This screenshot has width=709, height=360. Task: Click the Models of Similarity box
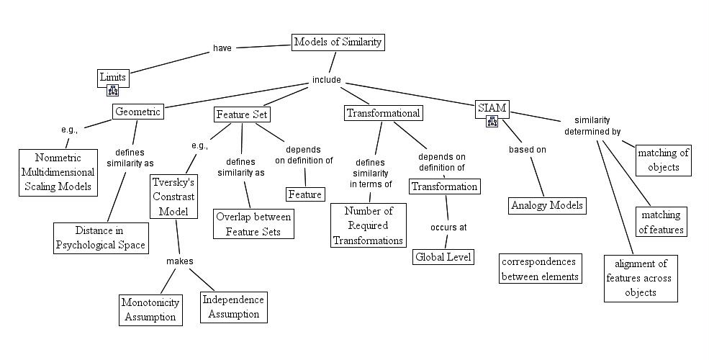pyautogui.click(x=338, y=42)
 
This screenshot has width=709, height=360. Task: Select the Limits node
pyautogui.click(x=112, y=76)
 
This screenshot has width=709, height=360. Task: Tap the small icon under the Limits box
pyautogui.click(x=112, y=90)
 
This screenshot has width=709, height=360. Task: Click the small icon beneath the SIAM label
pyautogui.click(x=492, y=121)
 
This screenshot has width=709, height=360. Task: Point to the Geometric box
pyautogui.click(x=137, y=112)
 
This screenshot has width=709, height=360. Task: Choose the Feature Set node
pyautogui.click(x=243, y=114)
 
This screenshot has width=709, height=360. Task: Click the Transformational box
pyautogui.click(x=382, y=113)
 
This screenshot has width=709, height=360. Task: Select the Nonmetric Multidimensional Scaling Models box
pyautogui.click(x=59, y=172)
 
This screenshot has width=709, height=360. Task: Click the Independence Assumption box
pyautogui.click(x=232, y=307)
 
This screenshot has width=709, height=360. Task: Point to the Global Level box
pyautogui.click(x=443, y=256)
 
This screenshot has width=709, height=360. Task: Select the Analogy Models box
pyautogui.click(x=546, y=205)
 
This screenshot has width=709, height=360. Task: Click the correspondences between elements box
pyautogui.click(x=540, y=268)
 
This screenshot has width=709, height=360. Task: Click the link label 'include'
pyautogui.click(x=326, y=80)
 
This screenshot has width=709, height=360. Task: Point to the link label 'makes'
pyautogui.click(x=181, y=261)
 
